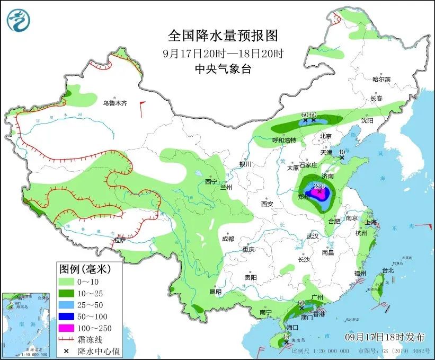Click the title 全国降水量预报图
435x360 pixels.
tap(223, 36)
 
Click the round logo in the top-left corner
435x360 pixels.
tap(19, 20)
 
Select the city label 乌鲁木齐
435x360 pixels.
tap(115, 103)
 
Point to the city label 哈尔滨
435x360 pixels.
tap(381, 79)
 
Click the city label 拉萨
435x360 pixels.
tap(120, 240)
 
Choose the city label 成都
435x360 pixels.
tap(228, 239)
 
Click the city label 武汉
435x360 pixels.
tap(313, 236)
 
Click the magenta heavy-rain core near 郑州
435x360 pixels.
tap(318, 195)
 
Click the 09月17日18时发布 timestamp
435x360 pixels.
tap(385, 337)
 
